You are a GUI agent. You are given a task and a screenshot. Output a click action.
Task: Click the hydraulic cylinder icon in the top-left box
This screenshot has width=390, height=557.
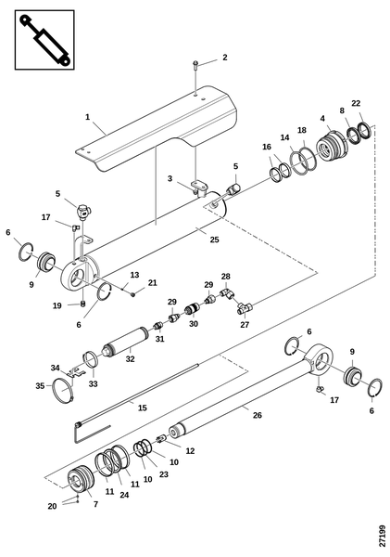tap(44, 40)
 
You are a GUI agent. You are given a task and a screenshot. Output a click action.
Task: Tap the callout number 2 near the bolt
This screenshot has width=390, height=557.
tap(225, 58)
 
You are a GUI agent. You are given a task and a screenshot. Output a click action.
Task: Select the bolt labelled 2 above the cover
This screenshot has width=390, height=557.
tap(195, 64)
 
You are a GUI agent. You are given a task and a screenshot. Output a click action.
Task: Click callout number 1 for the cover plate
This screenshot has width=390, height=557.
tap(88, 117)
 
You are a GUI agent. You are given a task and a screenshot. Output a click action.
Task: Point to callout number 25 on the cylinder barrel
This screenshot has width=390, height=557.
tap(215, 240)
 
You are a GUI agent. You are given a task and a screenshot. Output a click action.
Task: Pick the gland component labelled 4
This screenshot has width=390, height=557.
tap(331, 147)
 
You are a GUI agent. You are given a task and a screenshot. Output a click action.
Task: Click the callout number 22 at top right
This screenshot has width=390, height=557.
tap(356, 103)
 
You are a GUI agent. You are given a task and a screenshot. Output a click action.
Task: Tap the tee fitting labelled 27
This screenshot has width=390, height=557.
tap(245, 307)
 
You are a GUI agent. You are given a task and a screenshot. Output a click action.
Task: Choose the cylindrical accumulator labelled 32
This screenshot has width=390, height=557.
tap(126, 342)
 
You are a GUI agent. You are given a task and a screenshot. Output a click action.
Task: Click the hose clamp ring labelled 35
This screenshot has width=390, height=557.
tap(63, 390)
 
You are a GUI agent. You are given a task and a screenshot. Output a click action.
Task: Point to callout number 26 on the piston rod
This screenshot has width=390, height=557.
tap(258, 415)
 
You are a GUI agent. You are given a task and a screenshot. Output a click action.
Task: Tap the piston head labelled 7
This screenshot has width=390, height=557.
tap(81, 478)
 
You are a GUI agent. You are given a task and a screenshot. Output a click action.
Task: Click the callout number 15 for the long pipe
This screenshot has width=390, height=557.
tap(142, 408)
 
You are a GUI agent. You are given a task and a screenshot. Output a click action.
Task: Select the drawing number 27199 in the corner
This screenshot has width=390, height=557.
tap(382, 536)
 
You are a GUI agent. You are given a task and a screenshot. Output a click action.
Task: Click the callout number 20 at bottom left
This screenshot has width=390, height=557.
tap(52, 506)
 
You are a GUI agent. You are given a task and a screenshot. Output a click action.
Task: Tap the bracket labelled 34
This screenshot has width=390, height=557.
tap(77, 372)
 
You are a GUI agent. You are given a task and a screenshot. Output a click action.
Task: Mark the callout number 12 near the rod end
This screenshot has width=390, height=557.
tap(191, 451)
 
